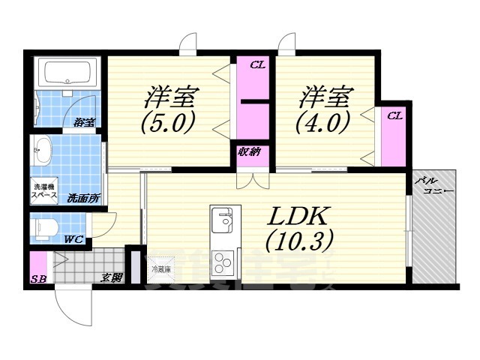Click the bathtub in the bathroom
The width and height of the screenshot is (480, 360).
tap(67, 73)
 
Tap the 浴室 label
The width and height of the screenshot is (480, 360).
tap(84, 122)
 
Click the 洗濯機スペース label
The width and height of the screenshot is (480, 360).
tap(43, 190)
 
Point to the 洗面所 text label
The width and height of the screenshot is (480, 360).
tap(84, 199)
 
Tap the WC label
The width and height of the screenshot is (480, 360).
tap(73, 240)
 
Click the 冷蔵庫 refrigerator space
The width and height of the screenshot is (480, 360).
tap(161, 269)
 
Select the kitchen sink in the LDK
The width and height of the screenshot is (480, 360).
tap(224, 220)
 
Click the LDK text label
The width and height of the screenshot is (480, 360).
tap(298, 217)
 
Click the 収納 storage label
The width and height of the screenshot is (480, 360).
tap(249, 151)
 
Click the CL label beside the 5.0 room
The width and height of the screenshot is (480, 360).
tap(257, 65)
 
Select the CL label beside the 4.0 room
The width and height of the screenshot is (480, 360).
tap(394, 115)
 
